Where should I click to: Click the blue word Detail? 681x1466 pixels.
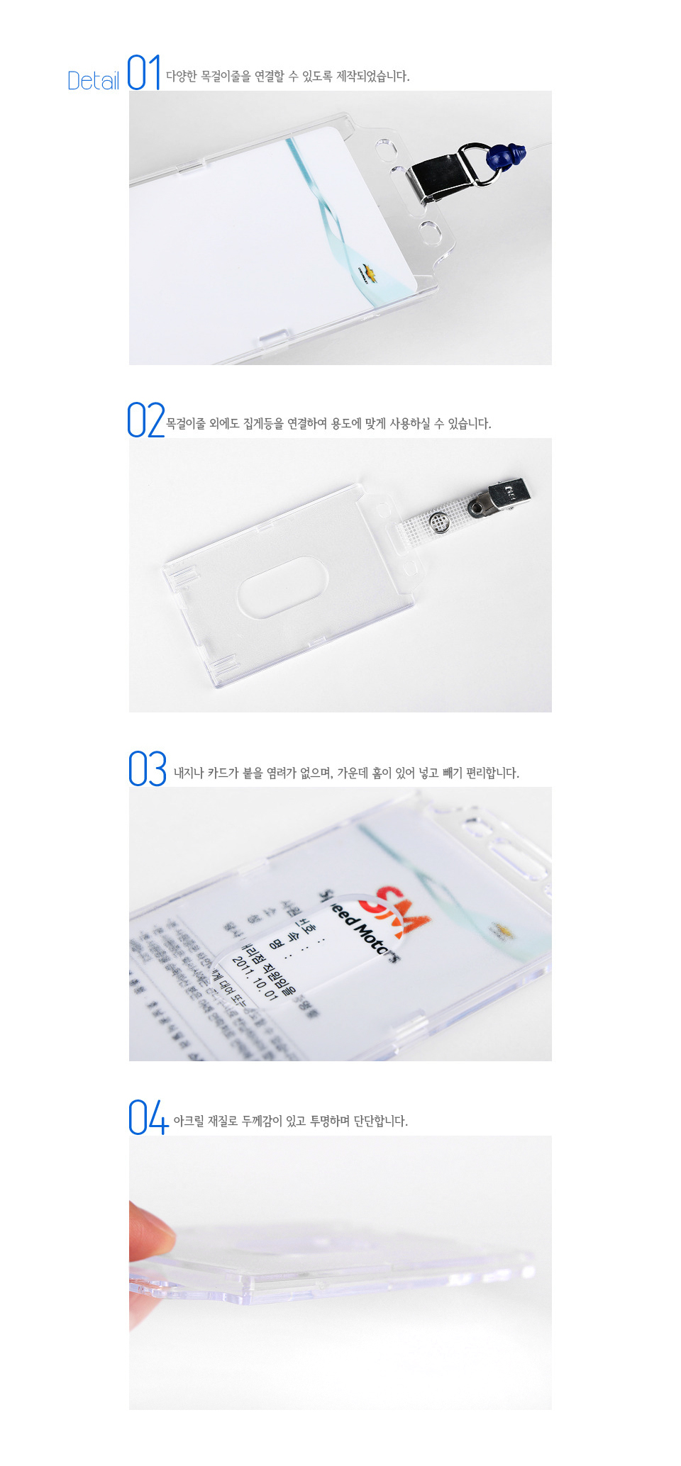pos(93,81)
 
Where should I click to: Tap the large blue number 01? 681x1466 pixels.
pos(144,73)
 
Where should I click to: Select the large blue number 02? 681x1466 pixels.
pos(145,420)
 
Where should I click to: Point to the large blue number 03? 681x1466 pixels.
pos(148,769)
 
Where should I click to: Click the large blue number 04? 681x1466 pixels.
pos(148,1117)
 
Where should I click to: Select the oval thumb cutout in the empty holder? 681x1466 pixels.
pos(282,587)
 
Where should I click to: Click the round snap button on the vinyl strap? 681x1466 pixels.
pos(441,522)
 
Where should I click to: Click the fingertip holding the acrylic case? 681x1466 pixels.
pos(150,1233)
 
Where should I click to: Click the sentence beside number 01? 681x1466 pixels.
pos(287,77)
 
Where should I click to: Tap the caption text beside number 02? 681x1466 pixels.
pos(328,424)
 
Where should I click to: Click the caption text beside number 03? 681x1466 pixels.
pos(346,773)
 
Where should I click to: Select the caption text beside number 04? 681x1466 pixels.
pos(290,1121)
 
